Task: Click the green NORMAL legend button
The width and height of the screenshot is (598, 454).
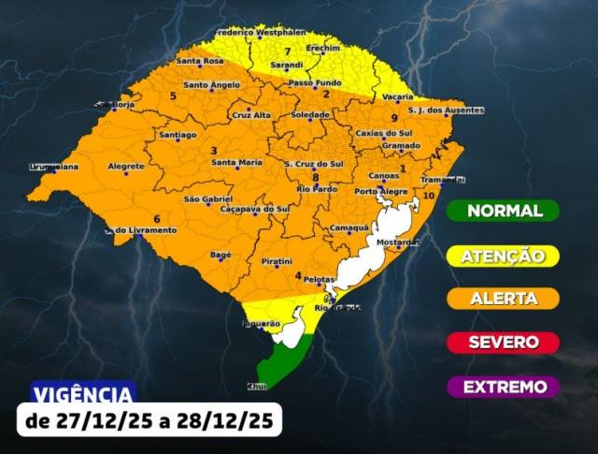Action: (x=503, y=211)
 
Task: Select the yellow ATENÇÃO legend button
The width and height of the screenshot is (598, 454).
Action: (x=503, y=255)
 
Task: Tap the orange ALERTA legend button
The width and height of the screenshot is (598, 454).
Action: (x=503, y=299)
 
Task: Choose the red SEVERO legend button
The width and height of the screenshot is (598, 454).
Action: (x=503, y=343)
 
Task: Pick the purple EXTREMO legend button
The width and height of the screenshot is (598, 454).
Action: (x=503, y=387)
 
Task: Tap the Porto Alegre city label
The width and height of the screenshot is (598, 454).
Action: (x=380, y=192)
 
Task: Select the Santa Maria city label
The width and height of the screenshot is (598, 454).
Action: (x=236, y=163)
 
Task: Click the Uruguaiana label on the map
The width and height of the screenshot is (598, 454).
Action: (x=53, y=167)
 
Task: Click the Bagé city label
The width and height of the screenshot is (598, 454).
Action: (x=221, y=255)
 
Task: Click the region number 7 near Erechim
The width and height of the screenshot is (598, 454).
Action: (x=288, y=51)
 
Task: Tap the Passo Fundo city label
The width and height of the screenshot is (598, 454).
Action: (x=315, y=82)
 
